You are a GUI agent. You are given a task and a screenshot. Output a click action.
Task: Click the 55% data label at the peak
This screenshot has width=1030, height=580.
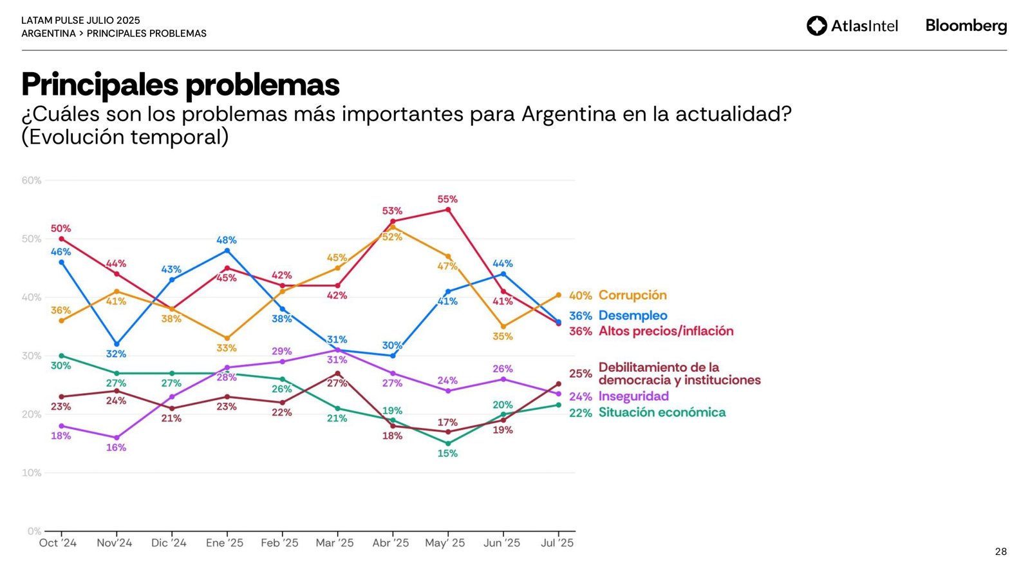[x=447, y=199]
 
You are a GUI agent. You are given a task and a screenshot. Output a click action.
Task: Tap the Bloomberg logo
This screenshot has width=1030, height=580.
[x=966, y=26]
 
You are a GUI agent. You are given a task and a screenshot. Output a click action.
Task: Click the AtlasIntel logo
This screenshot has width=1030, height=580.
[x=852, y=26]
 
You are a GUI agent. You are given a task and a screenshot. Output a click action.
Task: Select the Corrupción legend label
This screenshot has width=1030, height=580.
[x=632, y=295]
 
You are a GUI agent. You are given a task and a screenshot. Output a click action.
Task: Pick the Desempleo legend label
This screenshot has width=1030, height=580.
[x=632, y=315]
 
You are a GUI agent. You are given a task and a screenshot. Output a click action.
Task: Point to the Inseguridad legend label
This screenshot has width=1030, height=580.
[x=633, y=396]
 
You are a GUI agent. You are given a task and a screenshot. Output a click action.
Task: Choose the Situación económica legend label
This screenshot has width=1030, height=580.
[x=662, y=412]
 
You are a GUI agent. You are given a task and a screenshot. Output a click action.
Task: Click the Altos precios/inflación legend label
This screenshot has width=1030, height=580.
[x=666, y=331]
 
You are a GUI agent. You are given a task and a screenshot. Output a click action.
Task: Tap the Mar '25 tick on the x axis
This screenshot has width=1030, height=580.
[x=335, y=543]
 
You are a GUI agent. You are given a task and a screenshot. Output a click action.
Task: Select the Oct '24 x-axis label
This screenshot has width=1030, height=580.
[x=58, y=543]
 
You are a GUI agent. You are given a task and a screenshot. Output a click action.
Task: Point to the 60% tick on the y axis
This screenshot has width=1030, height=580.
[x=32, y=180]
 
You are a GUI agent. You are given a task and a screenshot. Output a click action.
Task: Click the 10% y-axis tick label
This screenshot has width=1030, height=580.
[x=32, y=473]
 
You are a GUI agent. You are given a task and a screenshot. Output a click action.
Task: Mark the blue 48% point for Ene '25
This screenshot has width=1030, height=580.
[x=227, y=251]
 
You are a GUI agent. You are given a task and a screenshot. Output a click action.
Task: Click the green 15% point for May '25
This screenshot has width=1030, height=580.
[x=448, y=443]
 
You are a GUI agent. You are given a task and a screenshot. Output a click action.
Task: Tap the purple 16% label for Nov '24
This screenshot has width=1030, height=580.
[x=116, y=447]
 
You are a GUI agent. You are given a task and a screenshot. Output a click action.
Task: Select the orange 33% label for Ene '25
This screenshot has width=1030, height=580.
[x=227, y=348]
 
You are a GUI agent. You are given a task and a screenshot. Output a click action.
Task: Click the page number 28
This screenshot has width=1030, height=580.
[x=1000, y=552]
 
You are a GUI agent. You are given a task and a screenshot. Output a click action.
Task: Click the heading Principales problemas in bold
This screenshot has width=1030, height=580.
[x=180, y=84]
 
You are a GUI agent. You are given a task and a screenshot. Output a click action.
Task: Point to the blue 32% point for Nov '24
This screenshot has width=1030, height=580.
[x=117, y=344]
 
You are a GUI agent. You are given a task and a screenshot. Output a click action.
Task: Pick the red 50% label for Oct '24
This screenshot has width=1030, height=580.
[x=61, y=229]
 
